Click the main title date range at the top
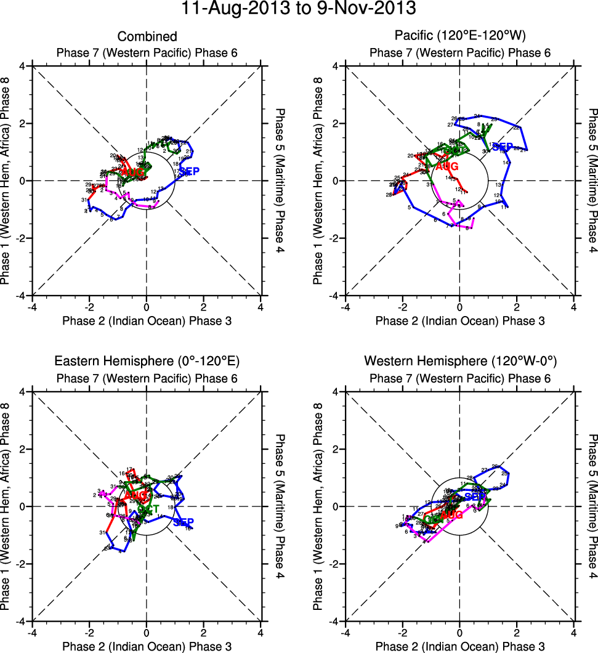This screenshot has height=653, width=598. click(299, 9)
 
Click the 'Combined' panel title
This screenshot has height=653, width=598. click(147, 37)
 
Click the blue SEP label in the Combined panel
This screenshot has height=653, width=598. click(189, 171)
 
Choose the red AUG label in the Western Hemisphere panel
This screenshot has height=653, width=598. click(451, 515)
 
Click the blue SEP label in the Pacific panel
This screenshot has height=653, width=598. click(503, 147)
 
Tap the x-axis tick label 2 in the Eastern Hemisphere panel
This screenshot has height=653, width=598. click(204, 632)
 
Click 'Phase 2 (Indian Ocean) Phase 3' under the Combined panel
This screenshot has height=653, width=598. click(147, 320)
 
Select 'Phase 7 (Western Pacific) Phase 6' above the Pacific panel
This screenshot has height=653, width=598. click(460, 53)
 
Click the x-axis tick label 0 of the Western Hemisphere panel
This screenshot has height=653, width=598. click(460, 632)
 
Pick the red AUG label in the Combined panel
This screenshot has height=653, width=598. click(132, 173)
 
